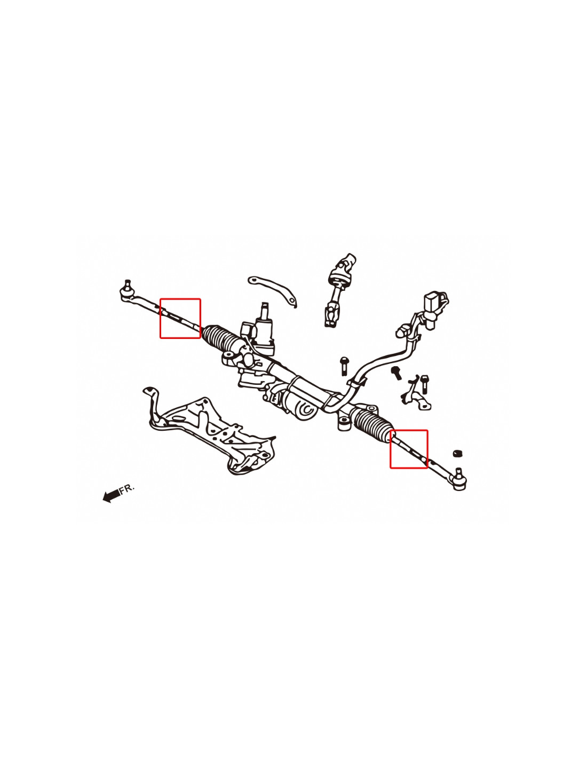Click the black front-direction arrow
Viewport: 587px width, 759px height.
112,495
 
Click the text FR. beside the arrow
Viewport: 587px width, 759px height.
127,488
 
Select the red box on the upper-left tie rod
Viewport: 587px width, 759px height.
180,318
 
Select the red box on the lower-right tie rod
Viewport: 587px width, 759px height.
409,449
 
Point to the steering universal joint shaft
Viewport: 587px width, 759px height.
338,290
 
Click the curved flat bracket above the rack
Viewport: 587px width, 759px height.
272,290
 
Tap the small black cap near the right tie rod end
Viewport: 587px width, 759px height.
457,454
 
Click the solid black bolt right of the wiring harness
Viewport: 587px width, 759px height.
396,373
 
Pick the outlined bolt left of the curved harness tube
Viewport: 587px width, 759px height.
344,366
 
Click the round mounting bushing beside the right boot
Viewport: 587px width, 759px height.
344,423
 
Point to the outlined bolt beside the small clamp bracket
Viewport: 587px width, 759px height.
424,384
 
